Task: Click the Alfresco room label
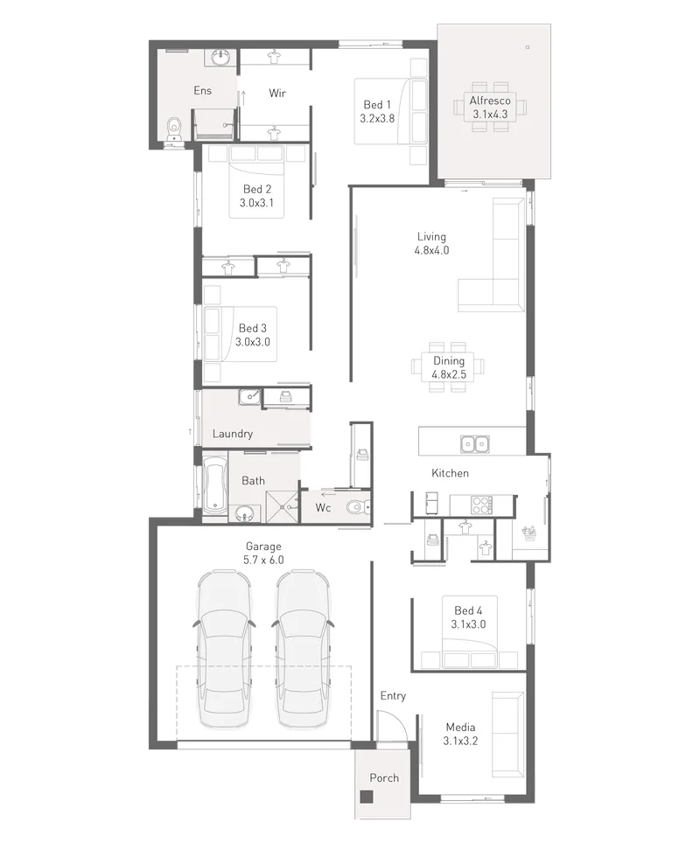tap(490, 101)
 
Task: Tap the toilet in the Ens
tap(174, 130)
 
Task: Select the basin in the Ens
tap(220, 57)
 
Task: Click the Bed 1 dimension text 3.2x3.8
tap(377, 119)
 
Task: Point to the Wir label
tap(277, 93)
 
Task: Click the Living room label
tap(431, 237)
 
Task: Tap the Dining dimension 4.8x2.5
tap(449, 375)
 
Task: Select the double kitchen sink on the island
tap(474, 444)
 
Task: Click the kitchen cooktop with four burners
tap(481, 505)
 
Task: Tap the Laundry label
tap(233, 434)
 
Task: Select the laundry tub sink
tap(250, 397)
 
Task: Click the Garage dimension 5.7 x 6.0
tap(263, 561)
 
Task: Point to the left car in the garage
tap(224, 648)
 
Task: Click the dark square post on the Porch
tap(367, 797)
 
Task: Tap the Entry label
tap(393, 696)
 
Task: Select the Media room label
tap(460, 727)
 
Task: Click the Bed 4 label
tap(468, 610)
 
